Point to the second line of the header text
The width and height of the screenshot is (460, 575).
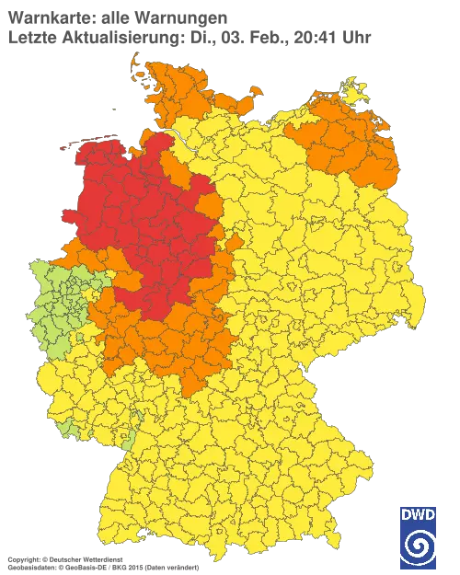coord(184,37)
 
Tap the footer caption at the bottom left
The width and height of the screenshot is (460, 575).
coord(101,560)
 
